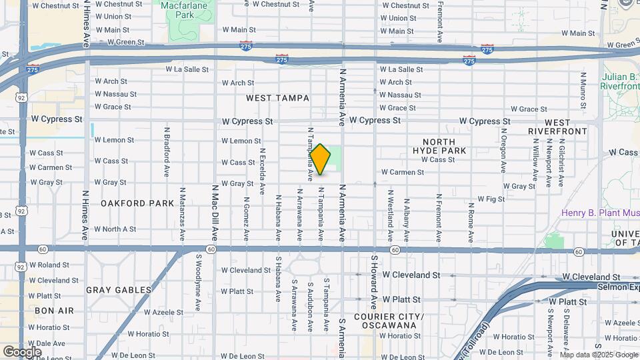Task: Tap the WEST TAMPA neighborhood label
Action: click(277, 98)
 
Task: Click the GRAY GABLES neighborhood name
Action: click(111, 290)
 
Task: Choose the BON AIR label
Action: click(54, 311)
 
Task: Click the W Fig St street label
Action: click(491, 199)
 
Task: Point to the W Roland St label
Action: click(49, 265)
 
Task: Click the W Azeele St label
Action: click(161, 311)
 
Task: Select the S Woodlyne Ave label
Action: click(198, 274)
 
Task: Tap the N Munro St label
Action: click(583, 92)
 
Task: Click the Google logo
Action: click(22, 351)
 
